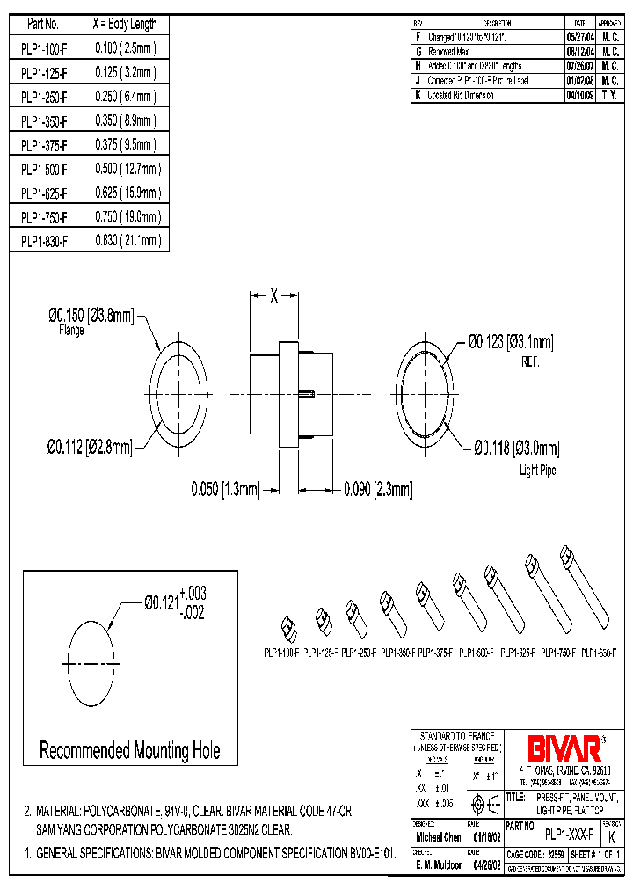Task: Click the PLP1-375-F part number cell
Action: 43,144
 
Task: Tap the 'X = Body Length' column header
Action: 124,25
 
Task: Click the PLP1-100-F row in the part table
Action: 43,48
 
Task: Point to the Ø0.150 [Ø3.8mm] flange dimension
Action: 91,316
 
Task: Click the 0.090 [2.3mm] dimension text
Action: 377,489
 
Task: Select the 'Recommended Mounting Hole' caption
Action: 130,751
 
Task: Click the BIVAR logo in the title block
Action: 564,748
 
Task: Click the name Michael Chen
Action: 437,837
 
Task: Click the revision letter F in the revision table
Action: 418,38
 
